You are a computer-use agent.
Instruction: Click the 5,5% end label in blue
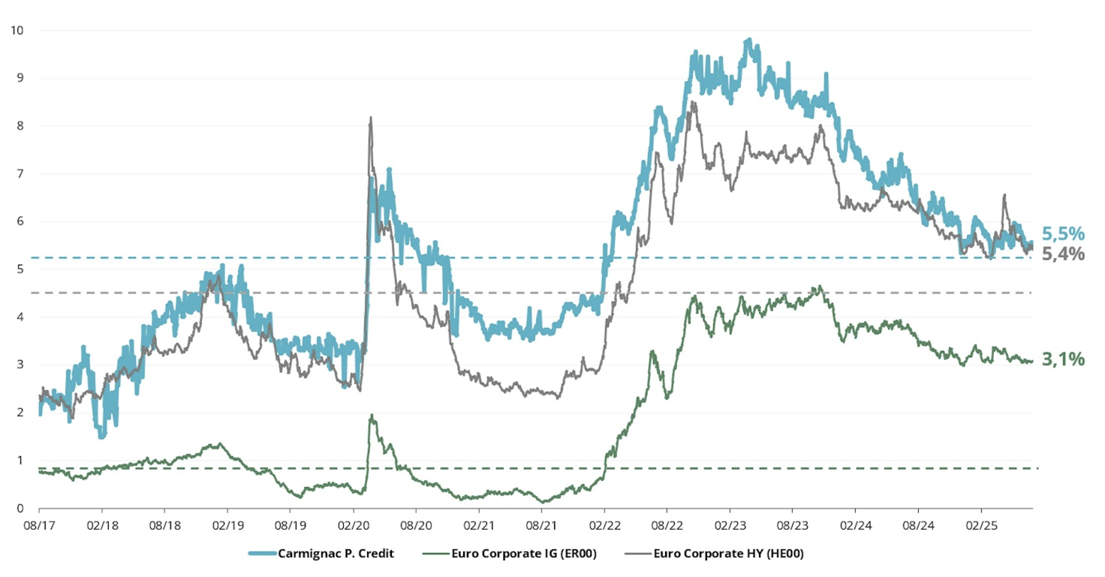point(1062,233)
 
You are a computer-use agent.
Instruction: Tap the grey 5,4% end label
point(1062,254)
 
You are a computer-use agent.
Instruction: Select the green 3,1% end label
point(1062,359)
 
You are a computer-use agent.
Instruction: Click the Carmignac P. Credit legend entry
point(336,554)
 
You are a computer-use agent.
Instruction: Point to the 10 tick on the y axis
point(17,30)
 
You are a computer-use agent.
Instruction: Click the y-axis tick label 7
point(20,173)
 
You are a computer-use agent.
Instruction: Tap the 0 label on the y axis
point(20,509)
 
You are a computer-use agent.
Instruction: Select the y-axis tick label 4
point(20,317)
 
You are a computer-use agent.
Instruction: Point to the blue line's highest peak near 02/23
point(748,40)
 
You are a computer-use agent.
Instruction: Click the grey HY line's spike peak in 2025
point(1004,195)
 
